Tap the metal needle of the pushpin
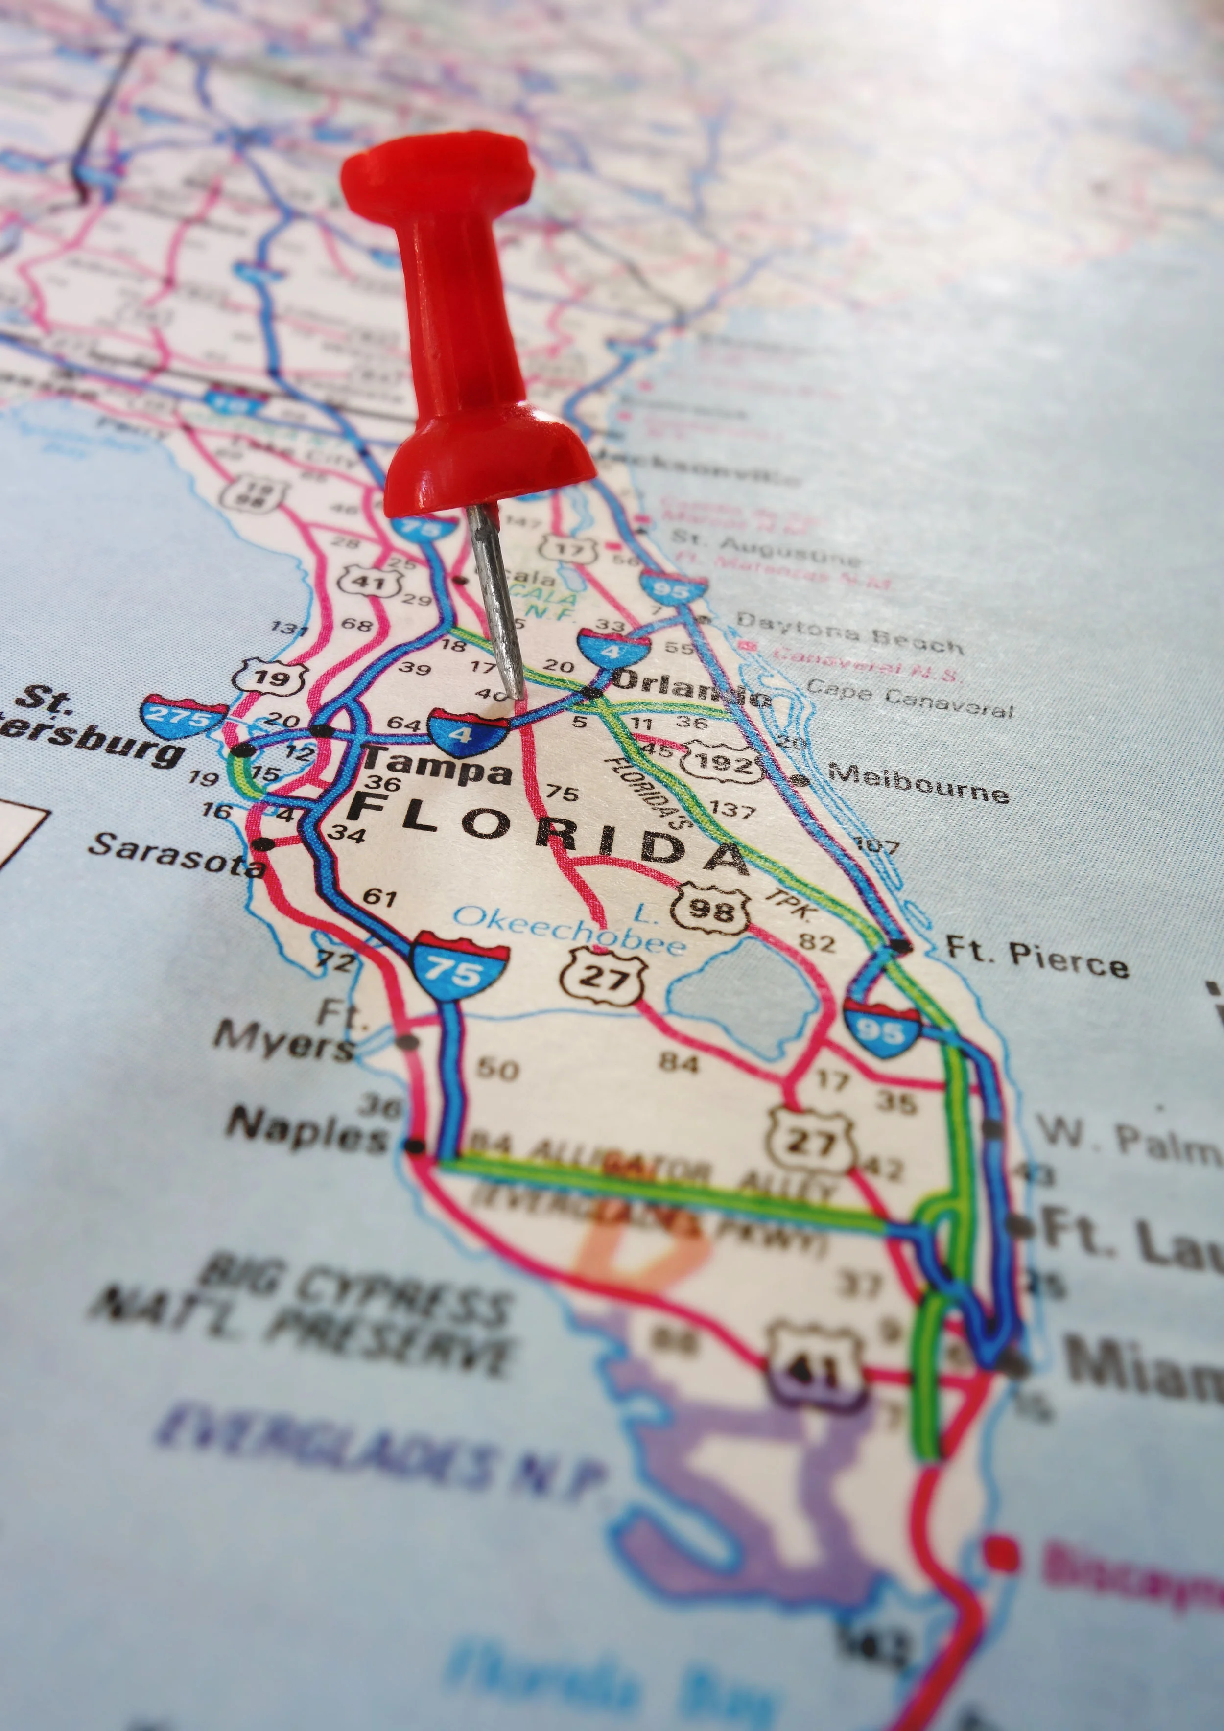point(498,603)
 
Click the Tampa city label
point(436,768)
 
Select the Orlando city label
point(690,688)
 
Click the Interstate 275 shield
point(183,716)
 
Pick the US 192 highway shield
point(722,764)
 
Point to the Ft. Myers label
point(286,1031)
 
